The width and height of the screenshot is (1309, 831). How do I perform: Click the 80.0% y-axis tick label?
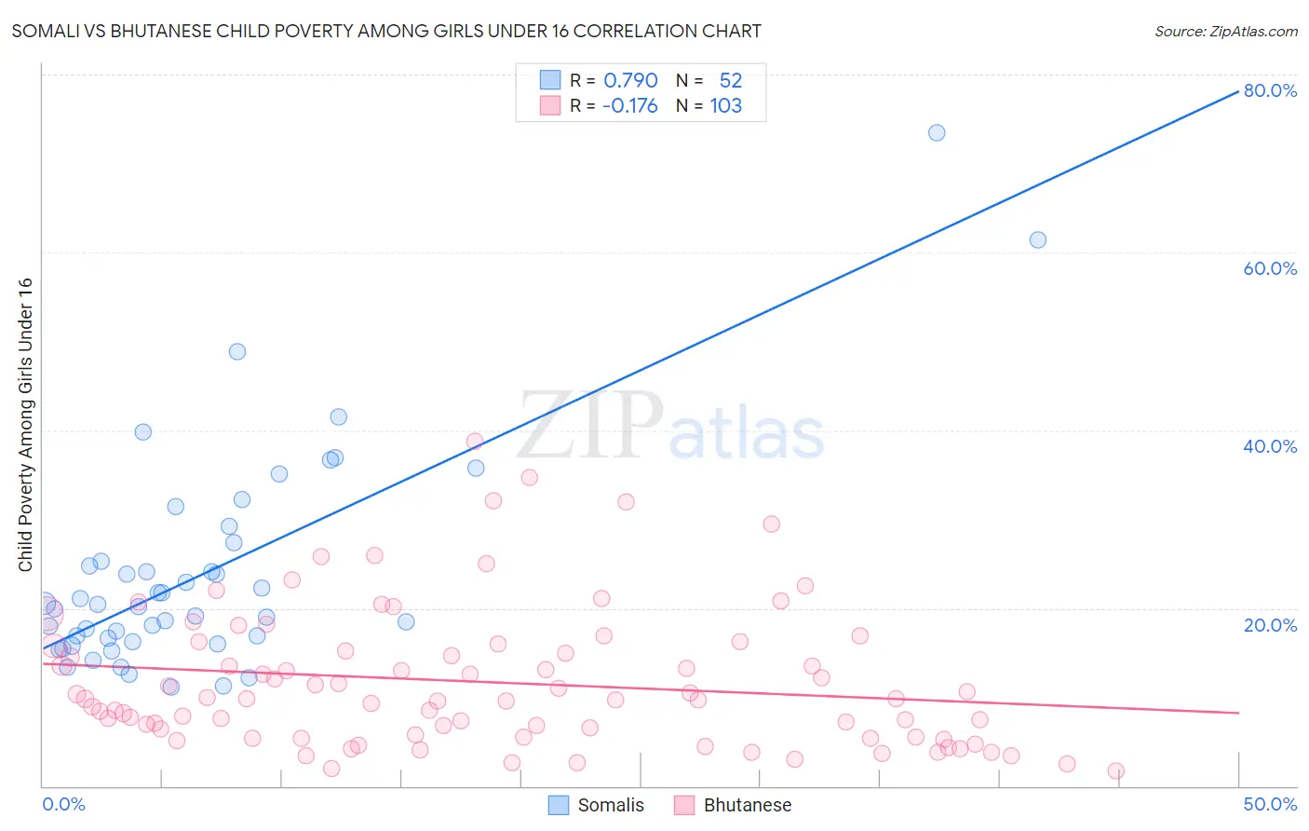[1270, 90]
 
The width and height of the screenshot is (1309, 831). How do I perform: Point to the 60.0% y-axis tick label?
[1270, 268]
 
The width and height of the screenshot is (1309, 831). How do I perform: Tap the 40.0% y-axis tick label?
[1270, 446]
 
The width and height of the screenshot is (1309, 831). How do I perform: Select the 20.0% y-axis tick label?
[1270, 625]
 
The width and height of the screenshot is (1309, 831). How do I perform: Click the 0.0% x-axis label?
[63, 804]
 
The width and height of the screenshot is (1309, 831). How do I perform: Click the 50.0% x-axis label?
[1270, 804]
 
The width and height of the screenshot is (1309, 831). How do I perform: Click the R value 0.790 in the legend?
[630, 81]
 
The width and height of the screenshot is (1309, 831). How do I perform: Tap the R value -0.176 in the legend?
[629, 106]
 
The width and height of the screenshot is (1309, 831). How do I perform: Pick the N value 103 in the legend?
[725, 106]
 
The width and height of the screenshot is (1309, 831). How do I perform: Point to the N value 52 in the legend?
[730, 81]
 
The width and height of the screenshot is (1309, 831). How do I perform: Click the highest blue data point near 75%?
[937, 133]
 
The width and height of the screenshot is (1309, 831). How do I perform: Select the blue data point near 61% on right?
[1038, 240]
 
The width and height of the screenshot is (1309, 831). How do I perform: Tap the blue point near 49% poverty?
[237, 352]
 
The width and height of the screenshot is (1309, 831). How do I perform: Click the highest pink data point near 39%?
[475, 442]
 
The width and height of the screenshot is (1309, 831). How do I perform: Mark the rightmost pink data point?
[1116, 771]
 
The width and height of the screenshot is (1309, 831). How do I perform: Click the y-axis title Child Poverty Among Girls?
[25, 425]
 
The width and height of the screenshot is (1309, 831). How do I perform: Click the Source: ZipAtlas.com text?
[1225, 32]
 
